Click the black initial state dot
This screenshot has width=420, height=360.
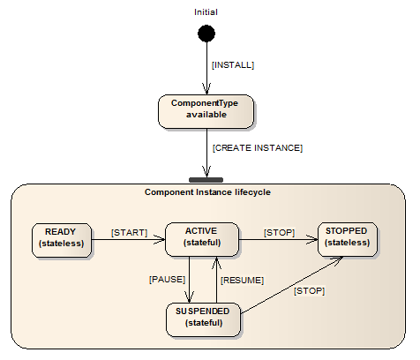coord(206,34)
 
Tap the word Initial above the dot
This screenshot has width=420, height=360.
coord(206,12)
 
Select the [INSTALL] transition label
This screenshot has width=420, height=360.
coord(233,65)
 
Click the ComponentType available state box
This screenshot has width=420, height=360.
coord(206,111)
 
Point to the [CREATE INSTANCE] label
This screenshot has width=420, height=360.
coord(258,147)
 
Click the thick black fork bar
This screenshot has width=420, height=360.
coord(206,180)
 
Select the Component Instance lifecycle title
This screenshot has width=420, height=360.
coord(207,192)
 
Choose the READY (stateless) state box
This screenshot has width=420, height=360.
coord(62,240)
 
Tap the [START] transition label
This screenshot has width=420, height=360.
coord(130,233)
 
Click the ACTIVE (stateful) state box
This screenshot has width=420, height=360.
coord(202,239)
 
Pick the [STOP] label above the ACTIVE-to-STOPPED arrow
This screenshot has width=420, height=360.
coord(279,233)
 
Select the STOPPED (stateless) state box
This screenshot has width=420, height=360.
coord(348,239)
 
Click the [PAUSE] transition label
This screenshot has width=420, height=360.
coord(168,280)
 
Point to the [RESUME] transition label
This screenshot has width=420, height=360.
coord(243,281)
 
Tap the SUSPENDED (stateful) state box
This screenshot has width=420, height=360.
coord(203,319)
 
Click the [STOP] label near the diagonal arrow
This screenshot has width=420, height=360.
coord(310,291)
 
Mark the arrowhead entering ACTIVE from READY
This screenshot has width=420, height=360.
coord(161,239)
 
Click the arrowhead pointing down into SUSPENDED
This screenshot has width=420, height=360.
coord(189,297)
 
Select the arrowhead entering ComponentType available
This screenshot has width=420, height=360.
coord(206,89)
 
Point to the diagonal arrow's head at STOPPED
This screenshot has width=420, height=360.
coord(337,259)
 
